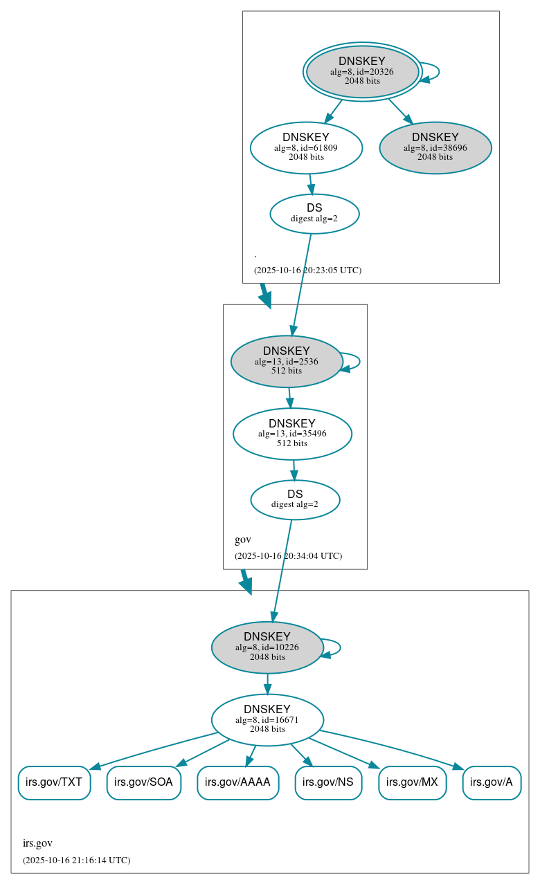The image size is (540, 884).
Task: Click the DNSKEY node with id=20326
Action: (362, 71)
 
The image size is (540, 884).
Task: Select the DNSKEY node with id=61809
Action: (306, 147)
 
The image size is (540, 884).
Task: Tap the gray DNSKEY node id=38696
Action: (435, 147)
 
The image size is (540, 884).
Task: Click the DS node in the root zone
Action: (314, 213)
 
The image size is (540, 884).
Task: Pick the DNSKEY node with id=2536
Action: (287, 361)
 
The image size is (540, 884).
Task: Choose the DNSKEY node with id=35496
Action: (292, 434)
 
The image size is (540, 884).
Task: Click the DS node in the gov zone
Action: (295, 499)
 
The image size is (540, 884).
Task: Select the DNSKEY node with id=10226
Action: (267, 647)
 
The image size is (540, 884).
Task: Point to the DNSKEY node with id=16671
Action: (267, 719)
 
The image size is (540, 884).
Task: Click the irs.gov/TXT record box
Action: (54, 782)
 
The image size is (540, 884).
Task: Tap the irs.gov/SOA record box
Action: (144, 782)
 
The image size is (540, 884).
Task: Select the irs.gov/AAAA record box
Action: (238, 782)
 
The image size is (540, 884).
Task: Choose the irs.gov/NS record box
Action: (328, 782)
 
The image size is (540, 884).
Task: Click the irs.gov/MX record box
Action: (412, 782)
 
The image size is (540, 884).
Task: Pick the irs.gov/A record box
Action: (492, 782)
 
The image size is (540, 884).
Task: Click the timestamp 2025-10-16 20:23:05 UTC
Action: (307, 270)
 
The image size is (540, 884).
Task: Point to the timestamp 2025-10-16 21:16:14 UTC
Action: (76, 860)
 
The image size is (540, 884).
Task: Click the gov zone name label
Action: (243, 540)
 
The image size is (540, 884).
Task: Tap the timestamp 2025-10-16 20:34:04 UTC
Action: (288, 556)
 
